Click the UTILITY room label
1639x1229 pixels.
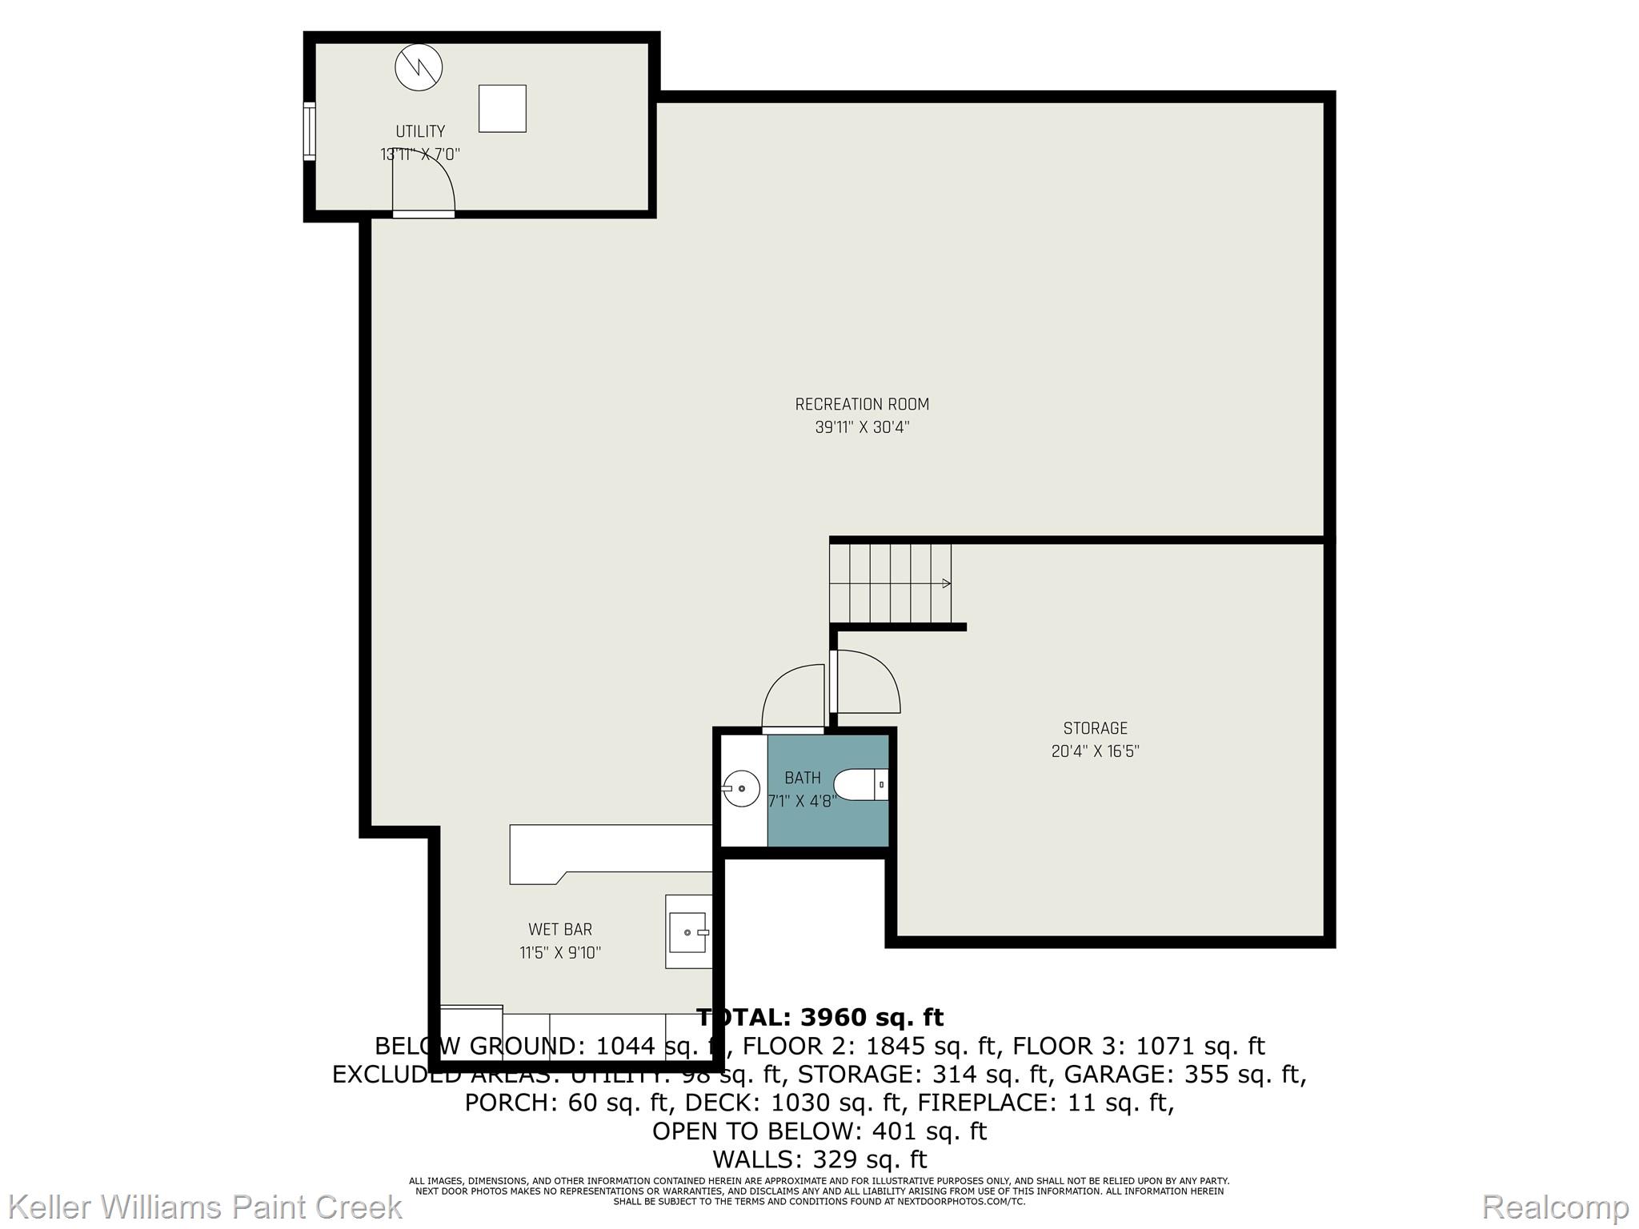(420, 131)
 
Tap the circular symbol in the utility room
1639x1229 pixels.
(419, 66)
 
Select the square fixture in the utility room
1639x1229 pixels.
(502, 108)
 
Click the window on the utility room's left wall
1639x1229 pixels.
(309, 131)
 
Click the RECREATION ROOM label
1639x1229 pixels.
(862, 404)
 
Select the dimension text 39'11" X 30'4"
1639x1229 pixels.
(862, 427)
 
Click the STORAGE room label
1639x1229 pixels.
(1095, 728)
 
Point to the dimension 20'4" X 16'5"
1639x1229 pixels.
(1095, 751)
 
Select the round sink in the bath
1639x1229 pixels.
(741, 788)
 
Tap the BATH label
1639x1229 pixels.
(802, 778)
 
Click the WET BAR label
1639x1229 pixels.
(560, 930)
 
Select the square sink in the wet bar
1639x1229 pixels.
(688, 932)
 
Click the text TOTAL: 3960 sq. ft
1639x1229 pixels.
(819, 1018)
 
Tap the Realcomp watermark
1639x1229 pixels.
(1555, 1207)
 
